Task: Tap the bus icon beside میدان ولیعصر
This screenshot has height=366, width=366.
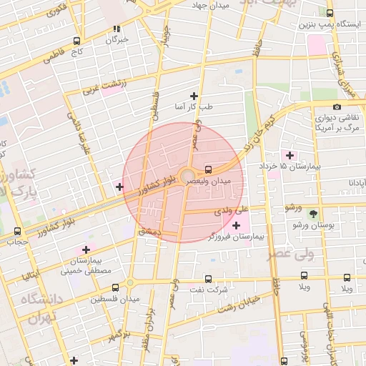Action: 208,170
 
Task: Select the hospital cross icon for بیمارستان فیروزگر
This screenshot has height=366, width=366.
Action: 236,225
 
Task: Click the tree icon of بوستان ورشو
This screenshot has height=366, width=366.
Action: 312,214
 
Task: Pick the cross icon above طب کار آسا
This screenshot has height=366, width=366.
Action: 193,96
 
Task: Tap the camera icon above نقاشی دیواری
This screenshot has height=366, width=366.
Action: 337,107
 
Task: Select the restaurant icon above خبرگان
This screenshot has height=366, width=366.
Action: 116,29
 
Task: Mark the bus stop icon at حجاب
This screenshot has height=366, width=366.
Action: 17,231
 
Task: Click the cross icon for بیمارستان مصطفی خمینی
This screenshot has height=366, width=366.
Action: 86,250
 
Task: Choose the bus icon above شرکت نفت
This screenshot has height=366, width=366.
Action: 208,279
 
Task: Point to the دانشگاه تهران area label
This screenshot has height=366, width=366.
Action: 39,307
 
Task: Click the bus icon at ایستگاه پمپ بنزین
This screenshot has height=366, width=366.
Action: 330,13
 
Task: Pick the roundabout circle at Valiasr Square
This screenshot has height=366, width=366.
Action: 187,175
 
